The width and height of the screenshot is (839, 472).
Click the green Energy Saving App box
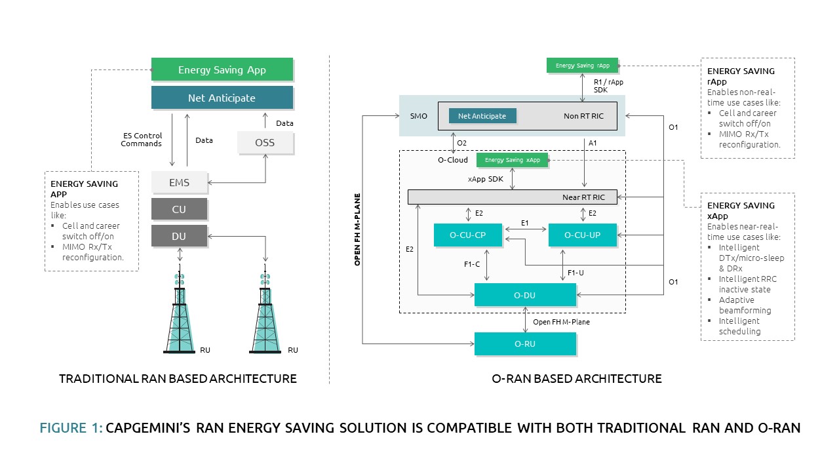(x=222, y=69)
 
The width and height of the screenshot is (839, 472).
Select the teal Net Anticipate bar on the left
(x=222, y=98)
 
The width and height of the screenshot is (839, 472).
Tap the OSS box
(x=265, y=142)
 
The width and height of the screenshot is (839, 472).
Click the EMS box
(x=179, y=183)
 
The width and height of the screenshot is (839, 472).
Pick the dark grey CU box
(x=179, y=210)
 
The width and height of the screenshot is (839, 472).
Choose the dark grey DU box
(x=179, y=236)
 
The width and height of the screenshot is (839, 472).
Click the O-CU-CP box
(x=468, y=235)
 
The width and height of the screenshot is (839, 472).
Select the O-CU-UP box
(x=583, y=235)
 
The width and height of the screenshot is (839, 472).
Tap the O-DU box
(x=524, y=295)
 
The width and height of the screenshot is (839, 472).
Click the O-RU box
(x=524, y=344)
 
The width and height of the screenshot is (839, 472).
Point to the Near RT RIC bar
(x=512, y=197)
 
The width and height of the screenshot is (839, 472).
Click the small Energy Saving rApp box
(x=582, y=66)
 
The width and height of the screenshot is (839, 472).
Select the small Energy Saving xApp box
(x=512, y=160)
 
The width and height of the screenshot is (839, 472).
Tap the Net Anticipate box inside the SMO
(x=482, y=116)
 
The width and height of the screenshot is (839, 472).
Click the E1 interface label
(x=524, y=223)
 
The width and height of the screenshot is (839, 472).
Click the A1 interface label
(x=593, y=142)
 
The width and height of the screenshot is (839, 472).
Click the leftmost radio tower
(x=179, y=315)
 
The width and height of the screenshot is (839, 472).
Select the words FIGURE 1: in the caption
(x=71, y=428)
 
